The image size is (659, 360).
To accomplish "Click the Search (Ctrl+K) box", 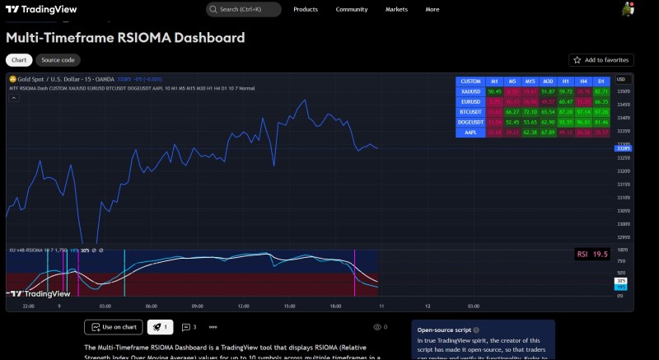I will click(x=243, y=9).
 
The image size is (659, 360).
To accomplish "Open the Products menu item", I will click(x=306, y=9).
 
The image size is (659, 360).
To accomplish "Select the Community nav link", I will click(x=352, y=9).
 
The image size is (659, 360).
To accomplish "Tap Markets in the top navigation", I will click(x=396, y=9).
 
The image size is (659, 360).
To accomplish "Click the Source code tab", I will click(x=58, y=60).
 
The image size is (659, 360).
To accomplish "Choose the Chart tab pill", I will click(x=18, y=60).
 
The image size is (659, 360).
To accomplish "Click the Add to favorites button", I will click(x=601, y=60).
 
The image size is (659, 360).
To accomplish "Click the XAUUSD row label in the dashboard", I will click(x=470, y=91).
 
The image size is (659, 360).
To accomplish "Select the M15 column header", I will click(x=530, y=81).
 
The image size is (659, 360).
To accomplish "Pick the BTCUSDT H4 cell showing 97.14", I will click(x=583, y=111).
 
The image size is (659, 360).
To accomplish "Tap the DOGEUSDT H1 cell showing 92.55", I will click(x=566, y=121).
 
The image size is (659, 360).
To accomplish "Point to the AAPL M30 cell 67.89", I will click(x=548, y=131).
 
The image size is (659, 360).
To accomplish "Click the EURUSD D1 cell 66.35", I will click(x=602, y=101).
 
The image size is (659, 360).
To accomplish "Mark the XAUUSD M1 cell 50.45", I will click(x=494, y=91).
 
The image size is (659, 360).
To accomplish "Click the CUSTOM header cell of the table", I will click(x=470, y=81).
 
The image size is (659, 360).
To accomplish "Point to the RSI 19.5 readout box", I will click(x=592, y=255).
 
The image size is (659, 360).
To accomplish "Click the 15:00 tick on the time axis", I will click(x=289, y=306).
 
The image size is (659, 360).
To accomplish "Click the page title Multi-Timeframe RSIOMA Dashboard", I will click(x=125, y=38).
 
